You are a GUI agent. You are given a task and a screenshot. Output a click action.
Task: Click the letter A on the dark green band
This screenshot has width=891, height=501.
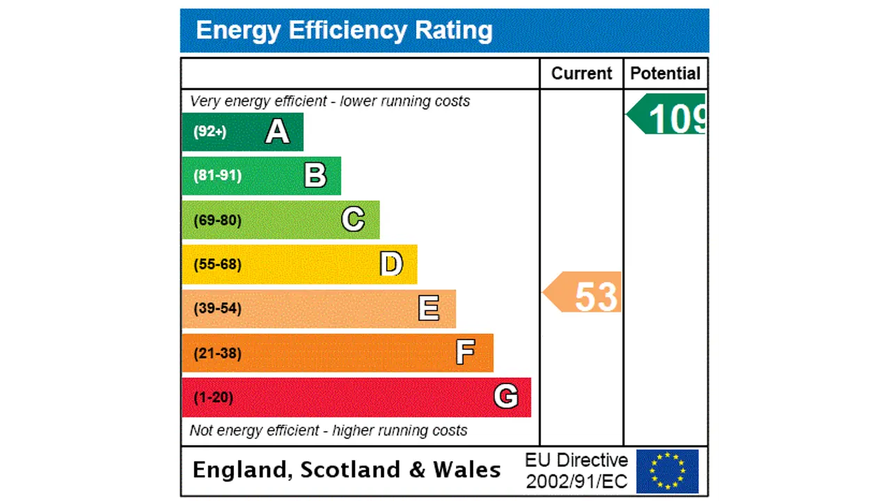[x=277, y=132]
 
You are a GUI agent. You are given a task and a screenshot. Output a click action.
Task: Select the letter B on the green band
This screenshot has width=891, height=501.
[x=315, y=175]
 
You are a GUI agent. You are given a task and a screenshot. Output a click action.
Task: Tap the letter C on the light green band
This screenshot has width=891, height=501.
[x=353, y=220]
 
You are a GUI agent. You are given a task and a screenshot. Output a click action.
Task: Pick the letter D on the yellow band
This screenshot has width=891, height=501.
[x=391, y=264]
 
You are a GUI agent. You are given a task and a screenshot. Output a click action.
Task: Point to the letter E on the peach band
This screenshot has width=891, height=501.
[x=429, y=308]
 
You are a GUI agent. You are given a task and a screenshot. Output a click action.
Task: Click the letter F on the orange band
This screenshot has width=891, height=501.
[x=465, y=353]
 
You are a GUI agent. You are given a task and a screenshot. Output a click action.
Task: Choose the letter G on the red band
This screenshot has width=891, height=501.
[x=506, y=397]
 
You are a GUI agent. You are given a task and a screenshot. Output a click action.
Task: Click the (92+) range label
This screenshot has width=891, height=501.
[x=210, y=132]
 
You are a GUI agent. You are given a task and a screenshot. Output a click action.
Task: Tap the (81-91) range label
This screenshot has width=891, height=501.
[x=217, y=175]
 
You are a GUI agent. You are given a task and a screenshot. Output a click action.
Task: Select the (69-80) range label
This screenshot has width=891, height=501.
[x=217, y=221]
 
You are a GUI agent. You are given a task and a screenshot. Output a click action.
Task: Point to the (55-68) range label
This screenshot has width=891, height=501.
[x=217, y=264]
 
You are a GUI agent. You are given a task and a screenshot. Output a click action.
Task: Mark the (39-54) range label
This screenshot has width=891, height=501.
[x=217, y=308]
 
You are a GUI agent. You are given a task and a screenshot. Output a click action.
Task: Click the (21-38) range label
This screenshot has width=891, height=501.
[x=217, y=353]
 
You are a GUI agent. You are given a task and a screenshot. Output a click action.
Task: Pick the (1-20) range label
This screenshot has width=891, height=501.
[x=213, y=397]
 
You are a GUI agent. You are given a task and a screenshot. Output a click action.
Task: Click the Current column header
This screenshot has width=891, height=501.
[x=581, y=74]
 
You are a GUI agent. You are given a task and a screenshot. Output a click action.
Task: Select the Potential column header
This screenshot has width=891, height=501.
[x=665, y=74]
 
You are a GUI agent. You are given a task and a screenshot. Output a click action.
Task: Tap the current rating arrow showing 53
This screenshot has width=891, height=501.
[x=583, y=292]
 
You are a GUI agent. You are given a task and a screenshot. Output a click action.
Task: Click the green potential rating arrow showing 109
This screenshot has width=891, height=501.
[x=668, y=115]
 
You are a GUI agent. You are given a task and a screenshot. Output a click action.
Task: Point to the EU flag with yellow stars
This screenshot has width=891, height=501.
[x=667, y=471]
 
